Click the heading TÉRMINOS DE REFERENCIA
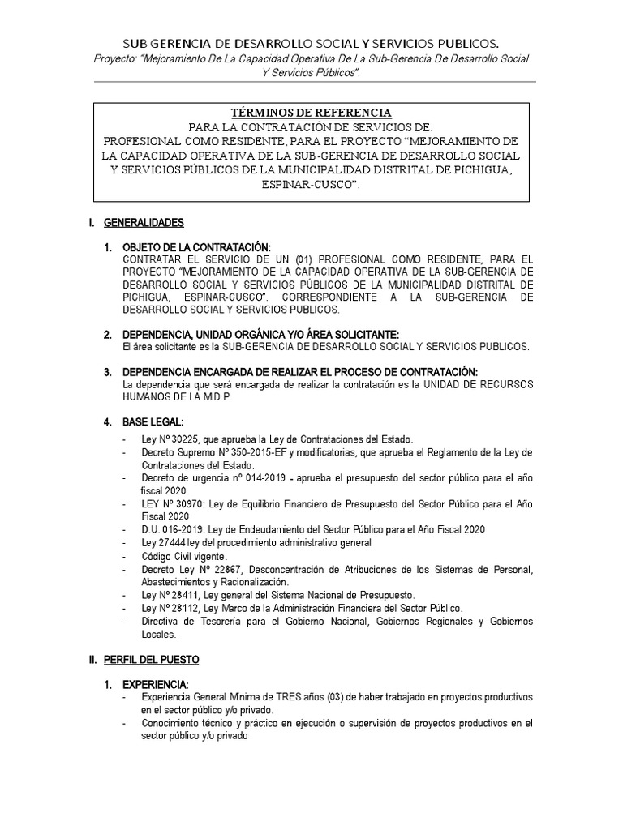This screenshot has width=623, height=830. [x=311, y=113]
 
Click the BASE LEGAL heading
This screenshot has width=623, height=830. [x=153, y=422]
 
